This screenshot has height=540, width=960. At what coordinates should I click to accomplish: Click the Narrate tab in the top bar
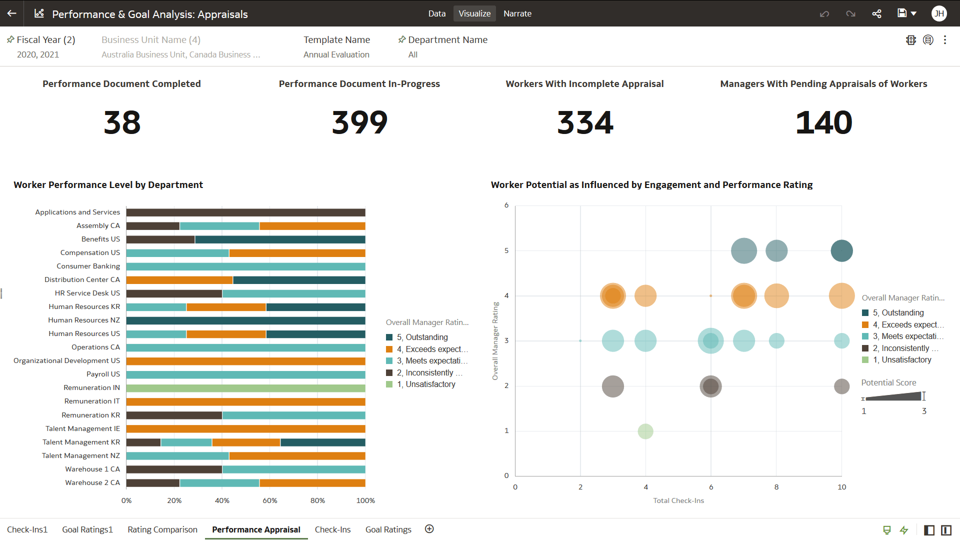point(517,13)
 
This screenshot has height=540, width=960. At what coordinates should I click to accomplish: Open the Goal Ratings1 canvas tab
point(87,529)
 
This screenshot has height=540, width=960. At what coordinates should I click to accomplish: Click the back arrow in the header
point(12,13)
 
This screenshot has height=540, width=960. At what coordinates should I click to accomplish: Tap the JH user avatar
point(938,13)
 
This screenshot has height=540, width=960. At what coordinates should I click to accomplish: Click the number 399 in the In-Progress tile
point(359,122)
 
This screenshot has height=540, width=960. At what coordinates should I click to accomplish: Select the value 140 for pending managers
point(823,122)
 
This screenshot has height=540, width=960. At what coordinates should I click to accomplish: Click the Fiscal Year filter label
point(45,40)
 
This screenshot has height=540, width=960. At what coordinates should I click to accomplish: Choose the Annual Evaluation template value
point(336,54)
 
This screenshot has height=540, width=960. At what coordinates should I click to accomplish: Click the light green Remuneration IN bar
point(245,388)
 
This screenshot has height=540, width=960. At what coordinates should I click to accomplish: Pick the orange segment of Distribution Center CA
point(179,280)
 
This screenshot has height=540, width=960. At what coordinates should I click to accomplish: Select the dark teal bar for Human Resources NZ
point(245,320)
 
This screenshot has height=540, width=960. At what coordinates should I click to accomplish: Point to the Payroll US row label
point(103,374)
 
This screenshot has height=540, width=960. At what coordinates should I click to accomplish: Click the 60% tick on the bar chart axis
point(270,500)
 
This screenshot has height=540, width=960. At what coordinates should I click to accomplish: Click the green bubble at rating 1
point(645,431)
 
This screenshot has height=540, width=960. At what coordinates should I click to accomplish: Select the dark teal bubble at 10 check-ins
point(841,250)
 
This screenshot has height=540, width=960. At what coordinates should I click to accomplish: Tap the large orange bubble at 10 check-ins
point(841,295)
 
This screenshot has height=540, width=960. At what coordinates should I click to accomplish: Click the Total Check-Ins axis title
point(678,500)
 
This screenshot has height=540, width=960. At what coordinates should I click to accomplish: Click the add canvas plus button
point(429,529)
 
